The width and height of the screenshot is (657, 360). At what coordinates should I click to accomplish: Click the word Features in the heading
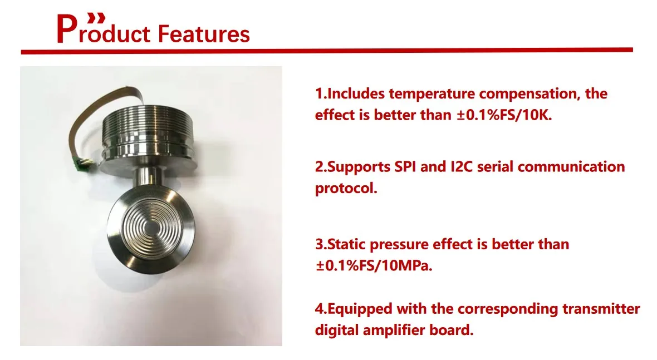point(204,34)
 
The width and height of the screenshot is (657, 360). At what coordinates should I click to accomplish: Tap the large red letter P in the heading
point(66,29)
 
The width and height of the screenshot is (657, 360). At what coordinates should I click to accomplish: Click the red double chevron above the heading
point(96,18)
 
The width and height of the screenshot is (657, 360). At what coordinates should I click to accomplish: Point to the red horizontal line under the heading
point(327,51)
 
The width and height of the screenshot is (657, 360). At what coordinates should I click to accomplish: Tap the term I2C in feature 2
point(462,166)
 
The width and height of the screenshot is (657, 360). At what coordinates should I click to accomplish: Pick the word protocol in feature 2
point(346,189)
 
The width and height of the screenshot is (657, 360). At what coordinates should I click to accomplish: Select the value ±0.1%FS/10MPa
point(374,266)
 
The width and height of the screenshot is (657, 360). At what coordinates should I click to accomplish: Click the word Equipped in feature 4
point(360,309)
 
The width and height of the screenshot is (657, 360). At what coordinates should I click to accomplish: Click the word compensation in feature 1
point(529,94)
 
